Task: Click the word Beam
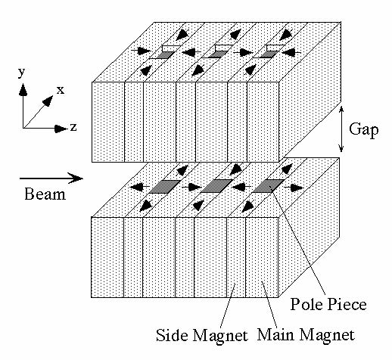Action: pyautogui.click(x=45, y=194)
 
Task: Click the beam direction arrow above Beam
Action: pyautogui.click(x=51, y=178)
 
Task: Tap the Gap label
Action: pyautogui.click(x=364, y=129)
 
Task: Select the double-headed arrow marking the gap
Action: pyautogui.click(x=341, y=129)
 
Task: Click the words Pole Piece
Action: pyautogui.click(x=328, y=304)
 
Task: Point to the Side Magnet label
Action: pyautogui.click(x=202, y=336)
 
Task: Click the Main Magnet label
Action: pyautogui.click(x=306, y=335)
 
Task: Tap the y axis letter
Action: pyautogui.click(x=22, y=73)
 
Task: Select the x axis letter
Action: pyautogui.click(x=61, y=90)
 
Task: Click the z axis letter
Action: pyautogui.click(x=73, y=127)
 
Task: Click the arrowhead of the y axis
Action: pyautogui.click(x=23, y=89)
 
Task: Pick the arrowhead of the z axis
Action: pyautogui.click(x=61, y=129)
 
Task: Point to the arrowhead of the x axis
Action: pyautogui.click(x=48, y=101)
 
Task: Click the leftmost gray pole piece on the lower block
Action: pyautogui.click(x=165, y=187)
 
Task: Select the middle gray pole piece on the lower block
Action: pyautogui.click(x=216, y=186)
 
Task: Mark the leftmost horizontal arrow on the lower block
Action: pyautogui.click(x=140, y=187)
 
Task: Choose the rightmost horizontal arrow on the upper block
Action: pyautogui.click(x=291, y=52)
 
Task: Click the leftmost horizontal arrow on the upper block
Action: pyautogui.click(x=142, y=51)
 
